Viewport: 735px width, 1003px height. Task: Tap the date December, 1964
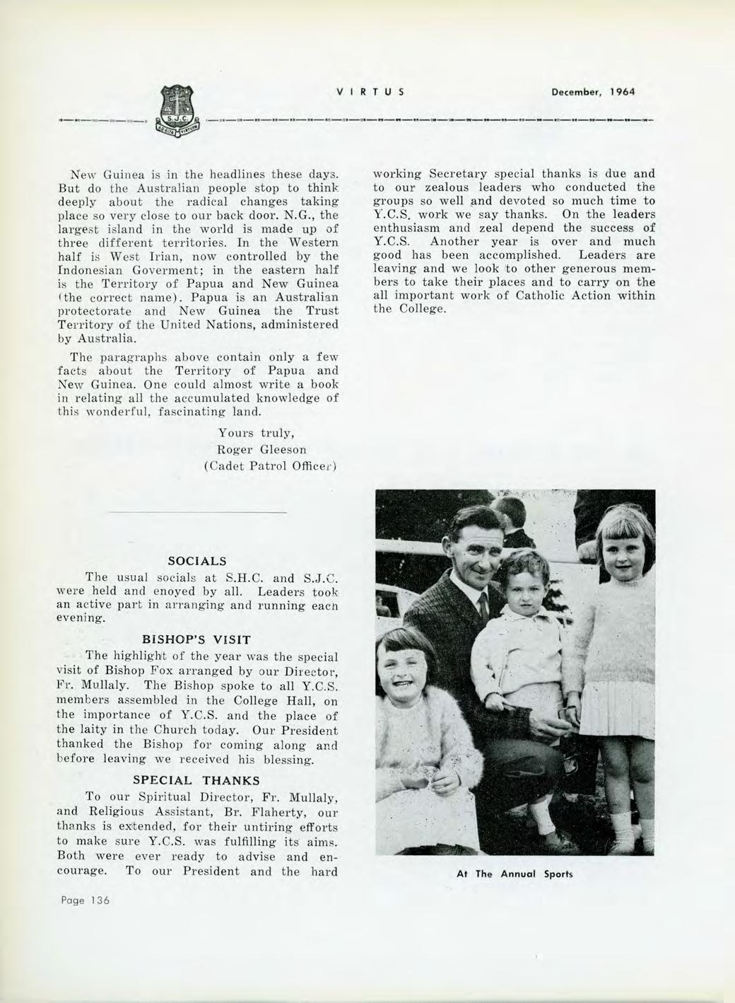pyautogui.click(x=592, y=92)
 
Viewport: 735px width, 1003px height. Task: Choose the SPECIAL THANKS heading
pyautogui.click(x=196, y=781)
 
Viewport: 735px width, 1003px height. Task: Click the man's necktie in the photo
pyautogui.click(x=483, y=605)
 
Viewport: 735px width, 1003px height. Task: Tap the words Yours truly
pyautogui.click(x=252, y=434)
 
